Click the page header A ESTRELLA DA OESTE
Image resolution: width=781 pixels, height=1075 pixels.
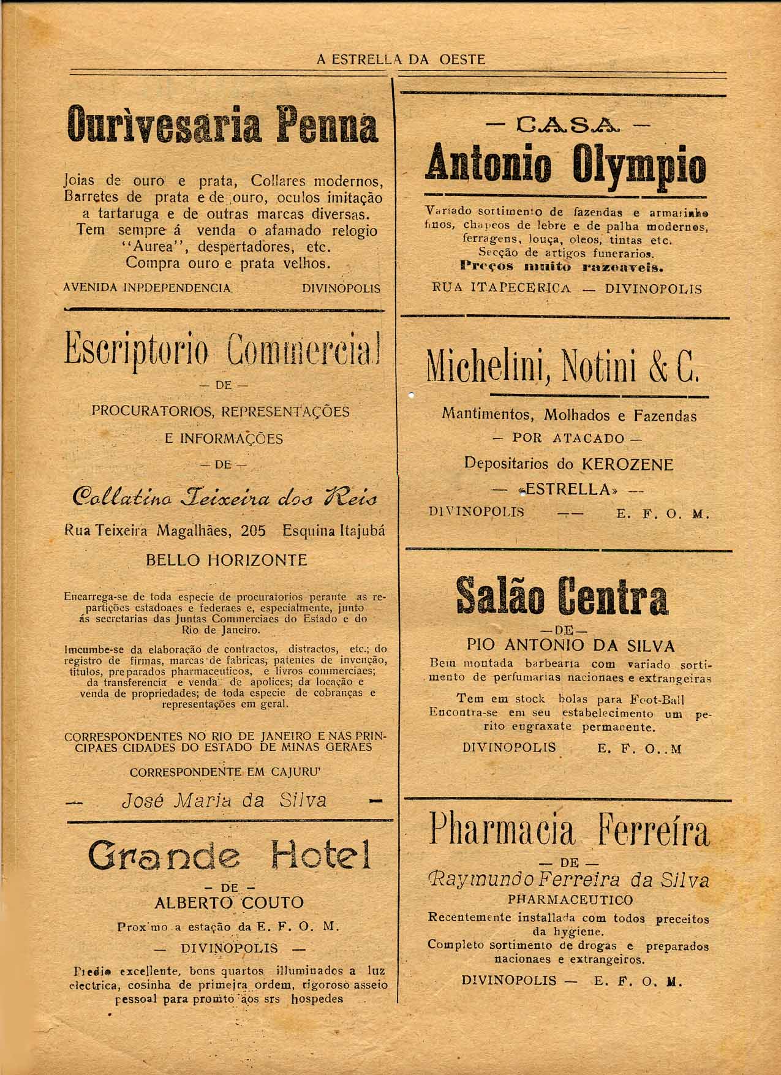click(401, 59)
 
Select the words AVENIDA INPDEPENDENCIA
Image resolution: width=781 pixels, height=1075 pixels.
click(148, 288)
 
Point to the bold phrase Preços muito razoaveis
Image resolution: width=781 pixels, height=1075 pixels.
click(562, 267)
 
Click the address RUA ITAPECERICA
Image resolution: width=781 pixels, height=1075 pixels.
click(502, 289)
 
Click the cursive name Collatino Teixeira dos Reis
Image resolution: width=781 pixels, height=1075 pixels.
click(225, 497)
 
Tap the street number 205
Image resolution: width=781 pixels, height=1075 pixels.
click(253, 531)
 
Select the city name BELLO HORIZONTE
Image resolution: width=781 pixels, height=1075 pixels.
click(227, 560)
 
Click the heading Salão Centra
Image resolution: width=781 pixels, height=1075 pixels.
click(562, 598)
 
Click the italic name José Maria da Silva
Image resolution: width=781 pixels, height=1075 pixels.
click(225, 800)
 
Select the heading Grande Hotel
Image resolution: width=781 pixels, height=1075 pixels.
click(230, 856)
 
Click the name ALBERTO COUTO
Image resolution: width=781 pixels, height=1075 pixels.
click(229, 903)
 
